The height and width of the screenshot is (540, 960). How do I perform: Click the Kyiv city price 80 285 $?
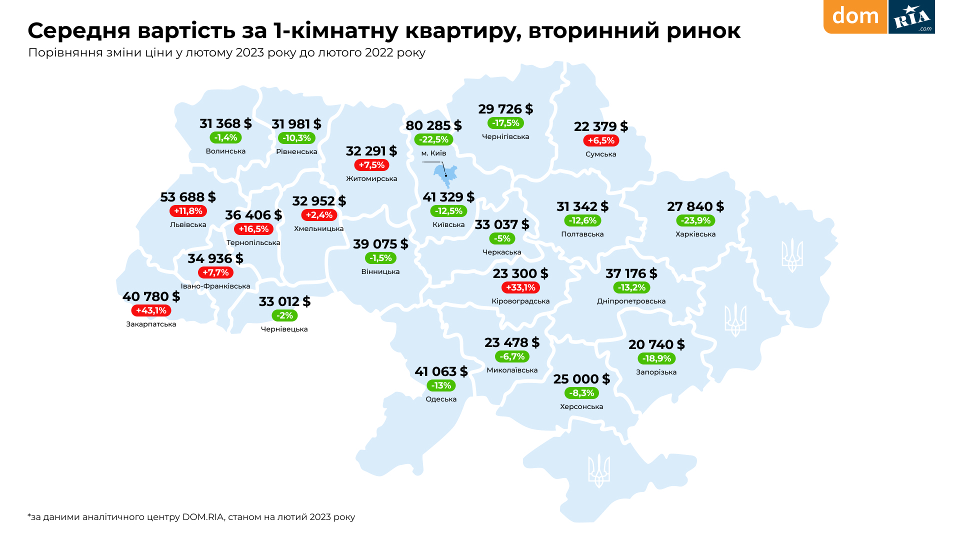coord(433,125)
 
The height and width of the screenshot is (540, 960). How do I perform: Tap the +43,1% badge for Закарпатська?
coord(151,310)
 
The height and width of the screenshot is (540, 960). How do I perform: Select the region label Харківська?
coord(695,234)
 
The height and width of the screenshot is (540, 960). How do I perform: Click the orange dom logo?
coord(855,16)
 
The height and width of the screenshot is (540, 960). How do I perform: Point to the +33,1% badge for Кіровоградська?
coord(520,287)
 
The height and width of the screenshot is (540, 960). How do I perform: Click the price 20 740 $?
coord(656,344)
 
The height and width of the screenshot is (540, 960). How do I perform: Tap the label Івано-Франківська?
coord(215,286)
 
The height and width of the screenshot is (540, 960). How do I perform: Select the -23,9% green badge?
coord(695,220)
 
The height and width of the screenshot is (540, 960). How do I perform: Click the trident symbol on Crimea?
coord(598,470)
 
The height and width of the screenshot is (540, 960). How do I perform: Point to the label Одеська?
coord(441,399)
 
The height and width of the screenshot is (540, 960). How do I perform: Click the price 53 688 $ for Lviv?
coord(188,197)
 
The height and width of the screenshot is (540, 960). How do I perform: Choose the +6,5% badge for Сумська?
coord(601,140)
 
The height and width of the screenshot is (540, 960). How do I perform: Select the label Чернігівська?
coord(505,136)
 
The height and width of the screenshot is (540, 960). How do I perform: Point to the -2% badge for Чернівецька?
coord(284,315)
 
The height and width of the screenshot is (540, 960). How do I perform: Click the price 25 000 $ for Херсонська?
coord(581,379)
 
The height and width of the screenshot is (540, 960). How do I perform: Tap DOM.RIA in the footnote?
coord(202,517)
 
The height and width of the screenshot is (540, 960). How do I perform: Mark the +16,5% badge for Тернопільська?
coord(253,229)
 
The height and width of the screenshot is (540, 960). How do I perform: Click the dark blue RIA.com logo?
coord(911,17)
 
